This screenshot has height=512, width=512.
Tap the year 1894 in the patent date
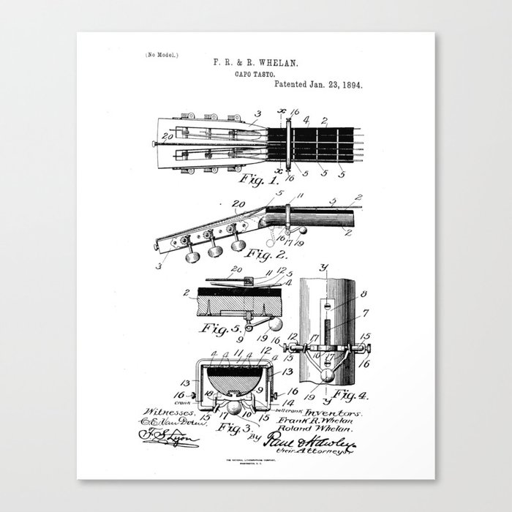pyautogui.click(x=351, y=84)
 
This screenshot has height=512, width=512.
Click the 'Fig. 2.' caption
pyautogui.click(x=266, y=255)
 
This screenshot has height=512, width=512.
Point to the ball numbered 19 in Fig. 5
pyautogui.click(x=279, y=324)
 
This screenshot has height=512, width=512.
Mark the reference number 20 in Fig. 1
pyautogui.click(x=168, y=137)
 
